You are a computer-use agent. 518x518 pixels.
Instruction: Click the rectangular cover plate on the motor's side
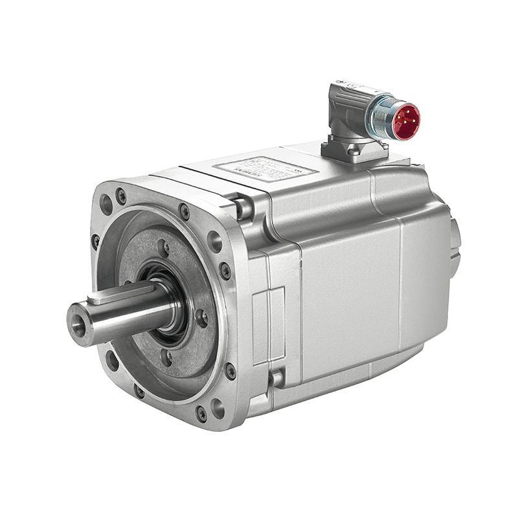268,324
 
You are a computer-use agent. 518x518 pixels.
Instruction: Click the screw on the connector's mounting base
354,150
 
